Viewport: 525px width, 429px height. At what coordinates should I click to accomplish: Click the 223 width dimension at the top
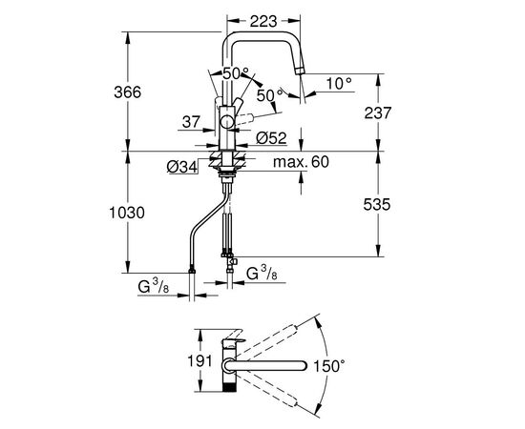[263, 22]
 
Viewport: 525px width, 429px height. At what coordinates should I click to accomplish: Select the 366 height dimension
[128, 92]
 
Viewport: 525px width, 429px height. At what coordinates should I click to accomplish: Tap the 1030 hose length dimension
[127, 213]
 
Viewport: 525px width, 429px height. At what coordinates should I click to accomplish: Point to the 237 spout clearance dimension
[378, 113]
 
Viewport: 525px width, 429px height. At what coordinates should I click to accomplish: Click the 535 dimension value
[377, 204]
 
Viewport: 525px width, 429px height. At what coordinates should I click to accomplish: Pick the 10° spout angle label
[339, 83]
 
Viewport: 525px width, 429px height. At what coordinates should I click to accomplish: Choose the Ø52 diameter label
[271, 138]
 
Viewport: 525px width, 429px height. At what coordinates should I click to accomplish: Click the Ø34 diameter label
[182, 167]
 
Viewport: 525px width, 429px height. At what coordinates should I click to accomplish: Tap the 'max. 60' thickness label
[302, 162]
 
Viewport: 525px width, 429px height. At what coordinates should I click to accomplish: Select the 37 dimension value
[191, 122]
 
